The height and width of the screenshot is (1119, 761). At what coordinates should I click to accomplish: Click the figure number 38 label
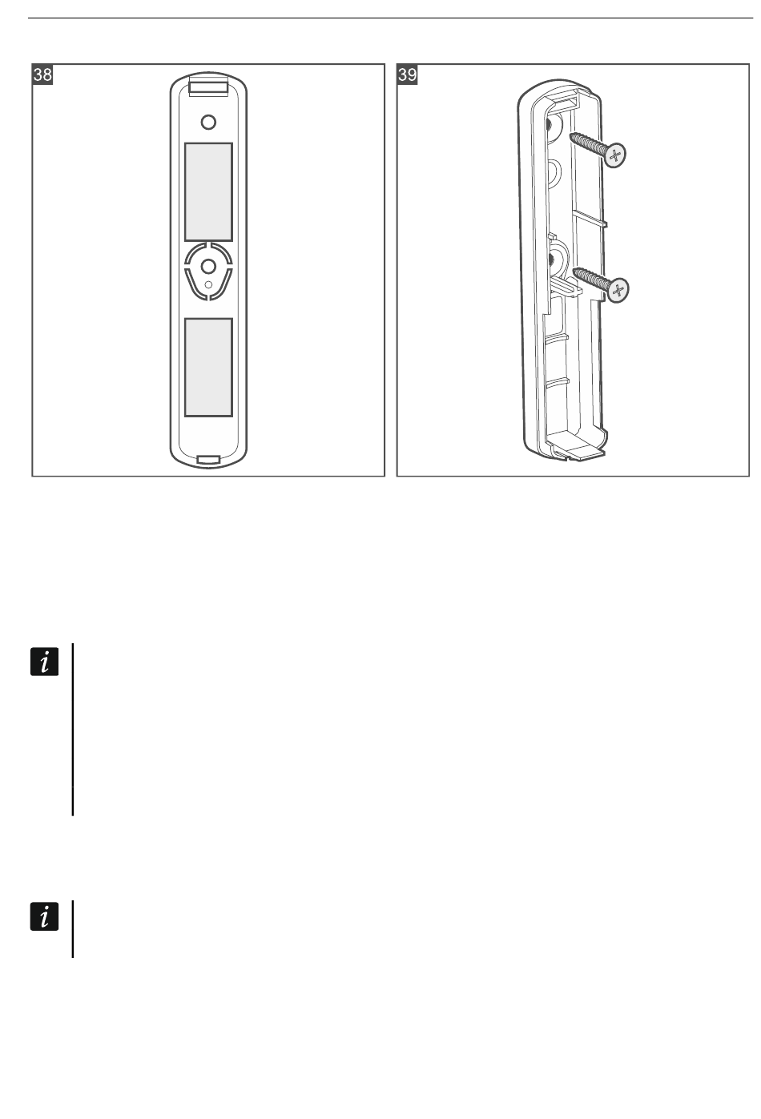(x=42, y=75)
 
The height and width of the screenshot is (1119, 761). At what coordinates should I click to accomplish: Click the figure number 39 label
(x=407, y=75)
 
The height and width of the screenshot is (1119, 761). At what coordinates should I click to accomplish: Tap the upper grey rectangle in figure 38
(x=208, y=192)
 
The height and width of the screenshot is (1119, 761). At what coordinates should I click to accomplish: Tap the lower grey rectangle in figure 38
(x=208, y=367)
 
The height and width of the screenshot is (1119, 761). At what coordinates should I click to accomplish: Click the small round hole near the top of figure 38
(x=208, y=123)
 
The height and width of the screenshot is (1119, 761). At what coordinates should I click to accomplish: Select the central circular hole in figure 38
(x=208, y=266)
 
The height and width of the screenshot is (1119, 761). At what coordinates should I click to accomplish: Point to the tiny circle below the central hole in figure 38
(x=208, y=284)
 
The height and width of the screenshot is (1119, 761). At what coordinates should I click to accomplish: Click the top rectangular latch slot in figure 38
(x=208, y=88)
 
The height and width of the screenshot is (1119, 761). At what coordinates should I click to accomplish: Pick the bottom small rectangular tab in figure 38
(x=208, y=460)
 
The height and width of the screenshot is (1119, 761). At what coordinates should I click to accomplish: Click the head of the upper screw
(x=615, y=155)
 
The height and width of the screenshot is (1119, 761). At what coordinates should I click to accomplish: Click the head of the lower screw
(x=618, y=291)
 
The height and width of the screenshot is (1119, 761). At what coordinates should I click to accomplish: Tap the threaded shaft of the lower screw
(x=590, y=279)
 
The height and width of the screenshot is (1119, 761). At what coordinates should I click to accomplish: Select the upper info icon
(x=45, y=662)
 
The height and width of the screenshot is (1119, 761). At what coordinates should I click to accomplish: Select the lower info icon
(x=45, y=916)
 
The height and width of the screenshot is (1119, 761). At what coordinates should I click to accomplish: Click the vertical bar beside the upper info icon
(x=73, y=730)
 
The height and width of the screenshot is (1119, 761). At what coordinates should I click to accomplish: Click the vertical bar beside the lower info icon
(x=73, y=930)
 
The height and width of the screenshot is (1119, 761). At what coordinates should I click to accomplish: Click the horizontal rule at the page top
(x=390, y=18)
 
